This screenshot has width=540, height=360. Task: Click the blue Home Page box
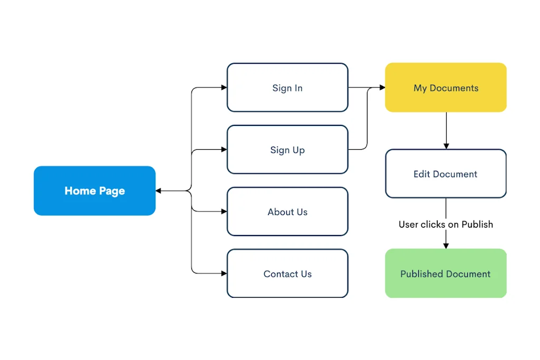tap(94, 191)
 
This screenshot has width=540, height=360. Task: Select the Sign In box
tap(287, 87)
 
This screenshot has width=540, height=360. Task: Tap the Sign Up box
tap(287, 150)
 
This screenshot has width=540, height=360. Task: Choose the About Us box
tap(287, 212)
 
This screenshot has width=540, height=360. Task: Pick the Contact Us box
tap(287, 274)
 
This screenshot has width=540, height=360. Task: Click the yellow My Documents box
tap(446, 87)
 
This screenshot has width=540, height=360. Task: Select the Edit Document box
tap(446, 174)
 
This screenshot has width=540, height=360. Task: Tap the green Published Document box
tap(446, 274)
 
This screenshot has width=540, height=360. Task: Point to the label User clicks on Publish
tap(446, 224)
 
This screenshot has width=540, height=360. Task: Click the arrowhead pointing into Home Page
tap(158, 191)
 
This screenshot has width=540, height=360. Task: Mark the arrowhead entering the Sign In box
tap(224, 87)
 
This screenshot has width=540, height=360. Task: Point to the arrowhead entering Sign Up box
tap(224, 150)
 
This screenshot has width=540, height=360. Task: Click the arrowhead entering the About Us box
tap(224, 211)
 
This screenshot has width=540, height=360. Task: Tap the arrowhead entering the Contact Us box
tap(224, 273)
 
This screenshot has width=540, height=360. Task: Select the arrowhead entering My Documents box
tap(382, 87)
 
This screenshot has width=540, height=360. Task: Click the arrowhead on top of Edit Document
tap(446, 146)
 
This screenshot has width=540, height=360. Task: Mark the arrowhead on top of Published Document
tap(446, 246)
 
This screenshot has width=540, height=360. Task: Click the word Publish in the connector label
tap(477, 224)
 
